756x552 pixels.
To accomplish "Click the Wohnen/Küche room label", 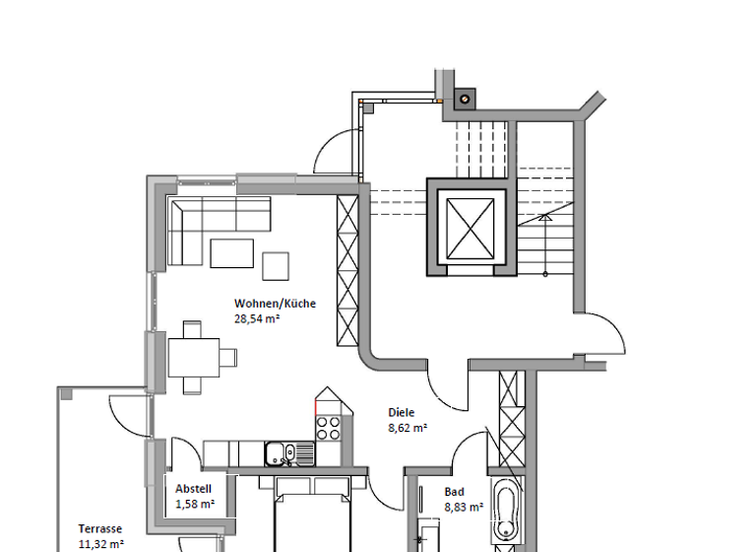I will click(275, 304).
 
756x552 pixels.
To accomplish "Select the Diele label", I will click(402, 413).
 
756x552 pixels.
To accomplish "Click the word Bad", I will click(454, 492).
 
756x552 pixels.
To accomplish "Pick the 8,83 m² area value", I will click(464, 508).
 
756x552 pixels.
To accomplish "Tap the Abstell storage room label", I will click(194, 489).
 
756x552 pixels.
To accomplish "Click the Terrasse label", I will click(100, 528).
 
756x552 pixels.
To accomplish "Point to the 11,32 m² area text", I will click(101, 543).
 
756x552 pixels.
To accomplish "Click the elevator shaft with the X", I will click(470, 227).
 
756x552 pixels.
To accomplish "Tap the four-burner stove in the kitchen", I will click(328, 428).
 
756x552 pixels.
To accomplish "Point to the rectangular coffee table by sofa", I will click(230, 253).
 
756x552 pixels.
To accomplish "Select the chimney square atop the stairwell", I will click(463, 98).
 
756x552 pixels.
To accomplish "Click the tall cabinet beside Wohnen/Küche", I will click(347, 271).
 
